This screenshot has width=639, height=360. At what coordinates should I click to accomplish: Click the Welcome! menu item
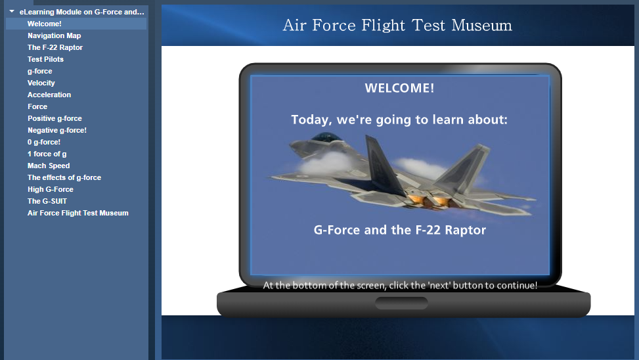(45, 24)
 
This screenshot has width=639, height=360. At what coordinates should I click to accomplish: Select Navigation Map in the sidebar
(55, 35)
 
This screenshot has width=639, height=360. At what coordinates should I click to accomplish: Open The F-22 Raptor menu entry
(55, 47)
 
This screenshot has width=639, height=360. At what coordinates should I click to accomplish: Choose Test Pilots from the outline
(46, 59)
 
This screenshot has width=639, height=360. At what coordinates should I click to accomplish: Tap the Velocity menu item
(41, 83)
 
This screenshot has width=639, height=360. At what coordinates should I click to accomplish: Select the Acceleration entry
(49, 95)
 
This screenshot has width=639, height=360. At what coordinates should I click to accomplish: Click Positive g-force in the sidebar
(55, 118)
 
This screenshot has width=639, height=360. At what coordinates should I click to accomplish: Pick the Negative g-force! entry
(57, 130)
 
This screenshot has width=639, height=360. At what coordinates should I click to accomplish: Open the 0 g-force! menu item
(44, 142)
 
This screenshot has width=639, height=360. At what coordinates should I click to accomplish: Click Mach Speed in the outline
(49, 166)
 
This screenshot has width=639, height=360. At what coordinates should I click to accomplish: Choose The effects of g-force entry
(64, 177)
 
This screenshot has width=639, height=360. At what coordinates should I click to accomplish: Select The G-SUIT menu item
(47, 201)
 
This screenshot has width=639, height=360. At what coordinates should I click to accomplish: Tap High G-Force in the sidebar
(51, 189)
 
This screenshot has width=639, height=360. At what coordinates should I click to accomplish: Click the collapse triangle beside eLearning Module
(12, 11)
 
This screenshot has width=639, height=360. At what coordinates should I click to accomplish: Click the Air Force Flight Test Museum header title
(397, 25)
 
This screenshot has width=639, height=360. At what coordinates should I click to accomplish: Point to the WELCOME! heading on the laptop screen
(399, 88)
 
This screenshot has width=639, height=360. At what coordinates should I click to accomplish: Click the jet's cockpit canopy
(326, 137)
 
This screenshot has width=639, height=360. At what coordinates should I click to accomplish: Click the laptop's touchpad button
(401, 303)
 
